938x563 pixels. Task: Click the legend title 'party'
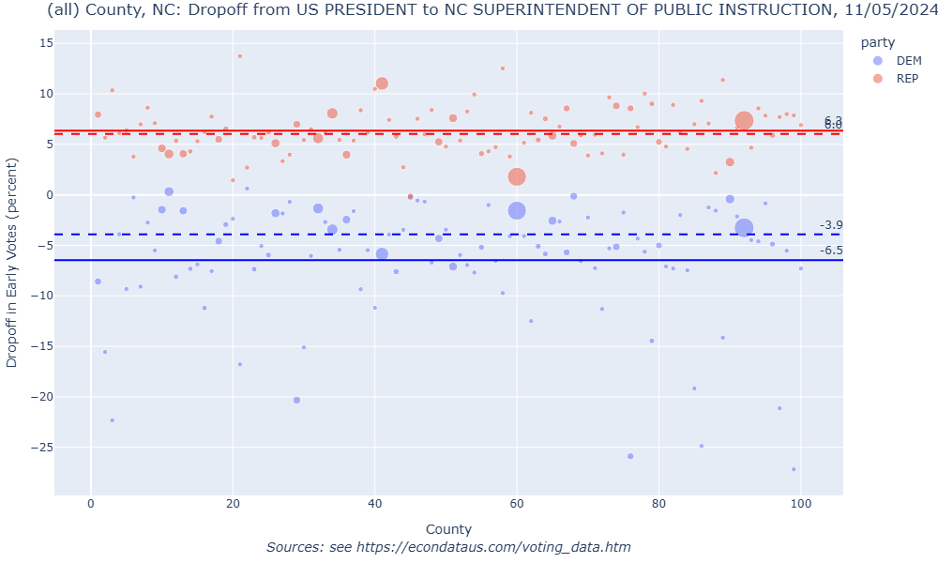879,42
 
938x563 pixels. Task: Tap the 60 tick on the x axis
517,505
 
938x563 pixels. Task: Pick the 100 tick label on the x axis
801,505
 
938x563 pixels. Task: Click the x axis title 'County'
448,529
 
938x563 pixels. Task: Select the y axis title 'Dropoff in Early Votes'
12,263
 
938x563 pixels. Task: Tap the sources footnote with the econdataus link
448,547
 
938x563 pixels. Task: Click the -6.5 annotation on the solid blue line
831,251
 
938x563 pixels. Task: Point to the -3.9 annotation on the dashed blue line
831,225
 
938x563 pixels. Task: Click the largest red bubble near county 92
744,120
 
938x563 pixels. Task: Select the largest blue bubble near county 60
517,211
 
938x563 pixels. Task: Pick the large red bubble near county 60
517,176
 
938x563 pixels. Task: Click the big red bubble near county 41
382,84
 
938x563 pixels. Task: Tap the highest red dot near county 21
239,56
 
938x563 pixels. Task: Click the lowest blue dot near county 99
794,469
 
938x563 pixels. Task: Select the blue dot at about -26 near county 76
630,456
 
